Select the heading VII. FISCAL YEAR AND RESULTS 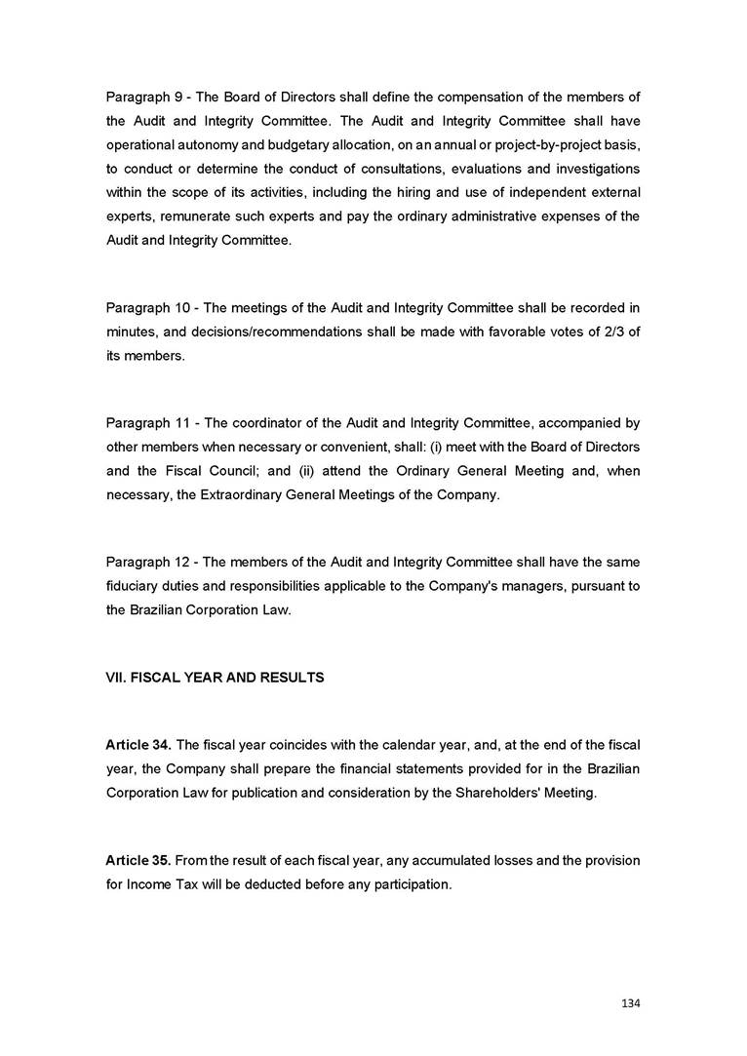pos(215,677)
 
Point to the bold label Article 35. pos(138,861)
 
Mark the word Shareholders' pos(483,793)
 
